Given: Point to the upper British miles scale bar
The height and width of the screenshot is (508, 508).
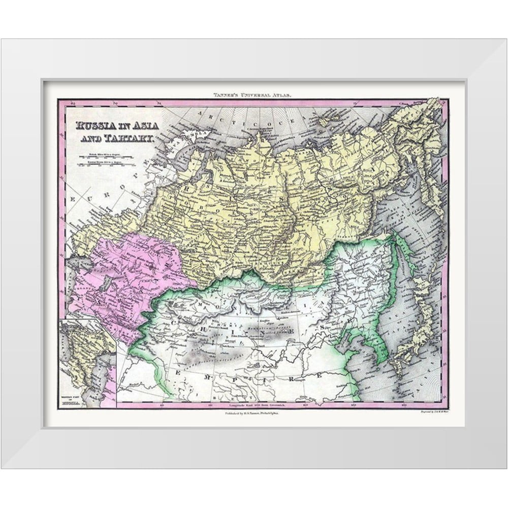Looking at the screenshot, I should [x=106, y=155].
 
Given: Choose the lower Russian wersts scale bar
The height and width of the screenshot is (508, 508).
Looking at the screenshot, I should [x=106, y=164].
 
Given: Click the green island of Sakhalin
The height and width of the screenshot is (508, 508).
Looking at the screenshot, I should [x=401, y=254].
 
